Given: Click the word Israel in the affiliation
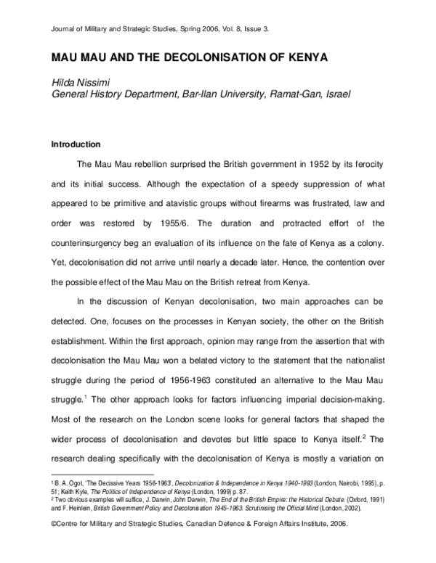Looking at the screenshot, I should (x=336, y=94).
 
